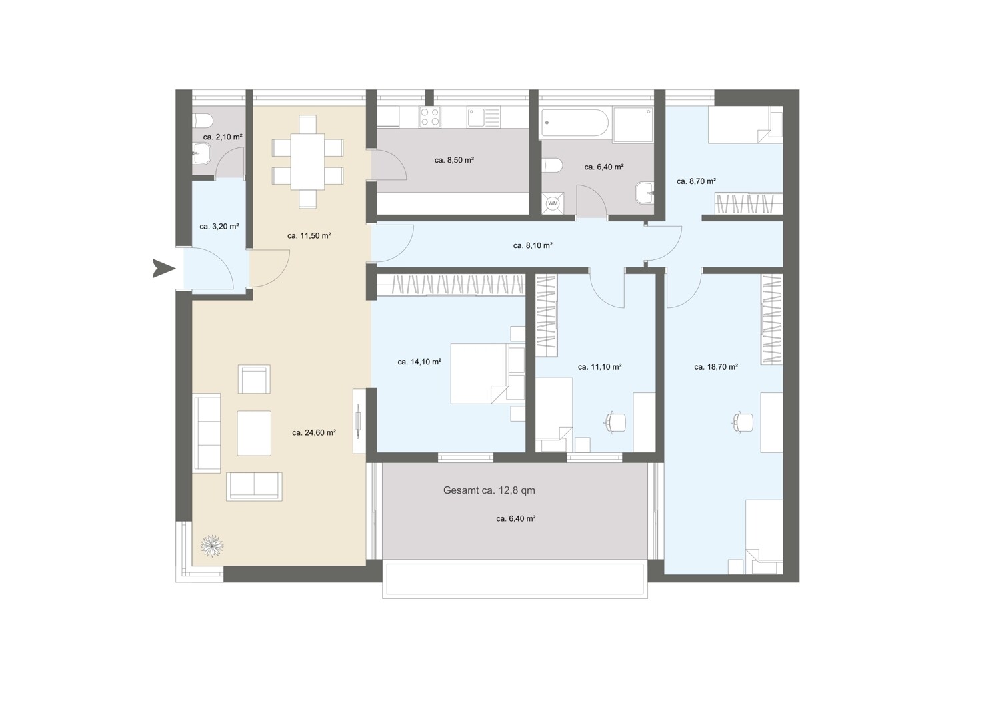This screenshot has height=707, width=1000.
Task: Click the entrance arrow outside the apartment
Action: (x=163, y=268)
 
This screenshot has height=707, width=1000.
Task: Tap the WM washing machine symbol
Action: (x=553, y=203)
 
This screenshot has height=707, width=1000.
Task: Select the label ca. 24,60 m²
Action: (x=314, y=432)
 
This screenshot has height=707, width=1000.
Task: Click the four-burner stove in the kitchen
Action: (x=429, y=117)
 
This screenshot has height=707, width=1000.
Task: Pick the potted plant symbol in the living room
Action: (x=212, y=546)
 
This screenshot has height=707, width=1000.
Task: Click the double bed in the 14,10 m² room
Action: (x=479, y=374)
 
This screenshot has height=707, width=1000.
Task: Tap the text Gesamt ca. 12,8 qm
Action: (x=489, y=490)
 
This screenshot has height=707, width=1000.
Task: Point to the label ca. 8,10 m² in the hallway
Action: (x=533, y=245)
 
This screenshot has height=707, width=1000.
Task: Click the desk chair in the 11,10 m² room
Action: (x=615, y=422)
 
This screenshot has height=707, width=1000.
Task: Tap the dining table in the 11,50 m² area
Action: (x=307, y=161)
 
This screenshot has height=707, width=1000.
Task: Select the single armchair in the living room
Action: (x=254, y=380)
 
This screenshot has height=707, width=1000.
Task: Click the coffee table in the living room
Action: (x=254, y=433)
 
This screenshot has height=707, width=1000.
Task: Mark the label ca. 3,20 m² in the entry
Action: (x=219, y=226)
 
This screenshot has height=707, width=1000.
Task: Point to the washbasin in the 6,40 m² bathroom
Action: (x=645, y=193)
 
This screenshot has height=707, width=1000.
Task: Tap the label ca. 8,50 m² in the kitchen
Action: (x=454, y=160)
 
